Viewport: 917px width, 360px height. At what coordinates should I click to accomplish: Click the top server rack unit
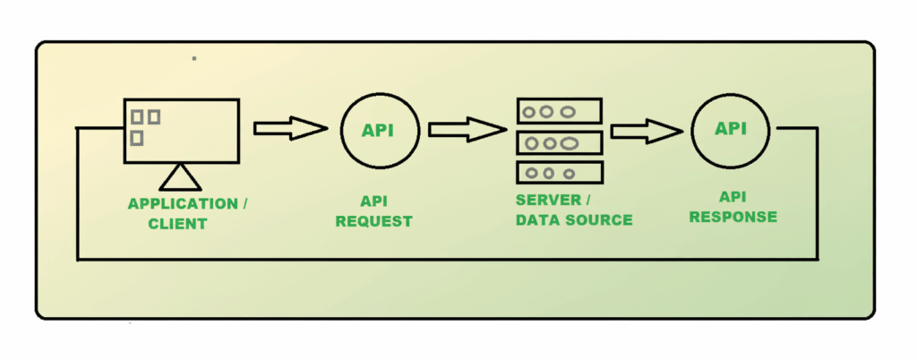[x=559, y=112]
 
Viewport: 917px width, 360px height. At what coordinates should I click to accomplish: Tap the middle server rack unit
[x=559, y=142]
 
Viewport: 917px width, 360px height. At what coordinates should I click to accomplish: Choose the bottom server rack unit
[x=559, y=172]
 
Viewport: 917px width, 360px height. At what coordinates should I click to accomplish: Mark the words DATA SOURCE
[x=574, y=219]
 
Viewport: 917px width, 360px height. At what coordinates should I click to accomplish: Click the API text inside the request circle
[x=378, y=131]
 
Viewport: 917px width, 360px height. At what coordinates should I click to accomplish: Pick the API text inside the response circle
[x=731, y=128]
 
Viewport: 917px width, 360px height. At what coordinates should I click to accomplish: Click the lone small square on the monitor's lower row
[x=137, y=138]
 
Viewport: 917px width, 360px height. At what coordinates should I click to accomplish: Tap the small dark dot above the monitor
[x=194, y=58]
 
